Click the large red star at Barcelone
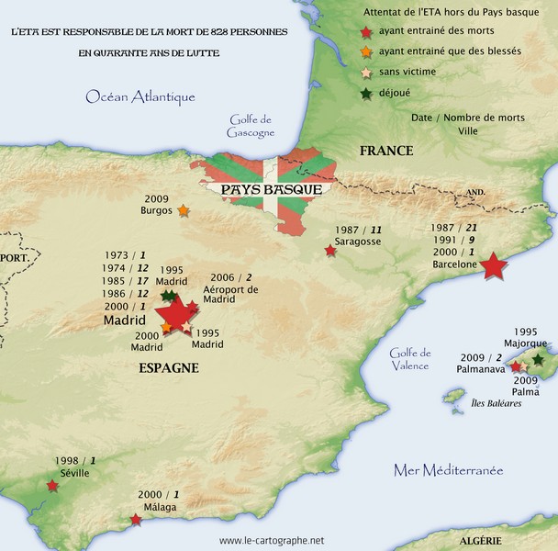[x=493, y=266]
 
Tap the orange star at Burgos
[x=184, y=210]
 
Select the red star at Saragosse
[x=330, y=250]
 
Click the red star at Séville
[x=51, y=486]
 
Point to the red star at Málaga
[x=137, y=520]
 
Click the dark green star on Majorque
[x=538, y=360]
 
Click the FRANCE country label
[x=386, y=151]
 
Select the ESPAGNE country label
[x=169, y=368]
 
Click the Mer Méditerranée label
[x=448, y=470]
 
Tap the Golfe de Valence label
[x=409, y=359]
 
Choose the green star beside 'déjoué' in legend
[x=367, y=92]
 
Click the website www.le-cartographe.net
[x=272, y=541]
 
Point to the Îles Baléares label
[x=497, y=402]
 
